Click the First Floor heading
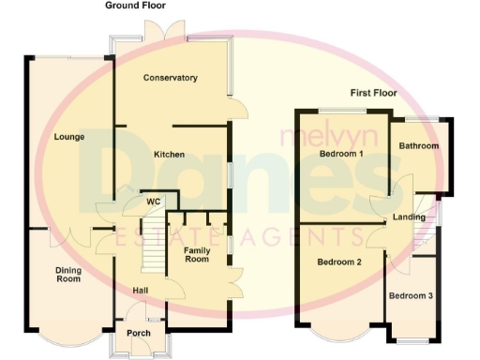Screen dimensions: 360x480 click(374, 93)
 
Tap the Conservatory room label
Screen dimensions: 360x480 click(170, 78)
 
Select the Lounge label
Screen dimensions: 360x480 click(69, 137)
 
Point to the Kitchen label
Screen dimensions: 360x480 click(170, 154)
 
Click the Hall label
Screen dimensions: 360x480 click(140, 290)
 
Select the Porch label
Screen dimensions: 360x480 click(139, 333)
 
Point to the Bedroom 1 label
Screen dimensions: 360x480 click(341, 153)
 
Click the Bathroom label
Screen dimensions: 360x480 click(418, 146)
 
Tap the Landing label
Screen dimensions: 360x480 click(410, 217)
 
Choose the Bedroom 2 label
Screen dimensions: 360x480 click(338, 262)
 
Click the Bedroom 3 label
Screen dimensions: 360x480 click(411, 296)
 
